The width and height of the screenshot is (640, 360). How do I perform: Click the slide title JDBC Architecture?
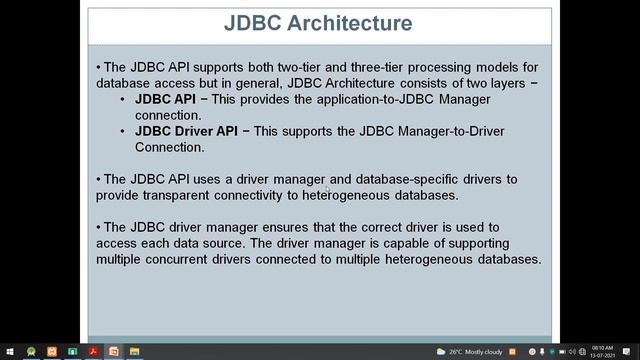(319, 22)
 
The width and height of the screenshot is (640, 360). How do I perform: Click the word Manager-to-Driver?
(429, 131)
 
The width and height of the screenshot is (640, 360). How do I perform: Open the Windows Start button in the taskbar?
(9, 351)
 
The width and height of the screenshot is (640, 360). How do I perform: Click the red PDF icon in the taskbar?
(93, 351)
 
